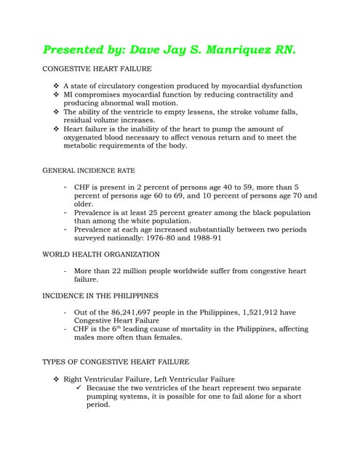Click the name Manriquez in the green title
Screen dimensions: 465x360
click(x=237, y=50)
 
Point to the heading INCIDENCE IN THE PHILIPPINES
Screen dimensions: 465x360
click(x=100, y=296)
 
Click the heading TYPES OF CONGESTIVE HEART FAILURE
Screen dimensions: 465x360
click(x=116, y=361)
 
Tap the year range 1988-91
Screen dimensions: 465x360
click(x=207, y=238)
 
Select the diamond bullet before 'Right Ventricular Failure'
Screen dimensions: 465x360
click(x=57, y=379)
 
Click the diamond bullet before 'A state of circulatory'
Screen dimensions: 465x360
click(x=57, y=86)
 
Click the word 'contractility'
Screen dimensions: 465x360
click(x=243, y=94)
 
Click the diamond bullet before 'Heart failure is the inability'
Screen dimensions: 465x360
click(x=57, y=129)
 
